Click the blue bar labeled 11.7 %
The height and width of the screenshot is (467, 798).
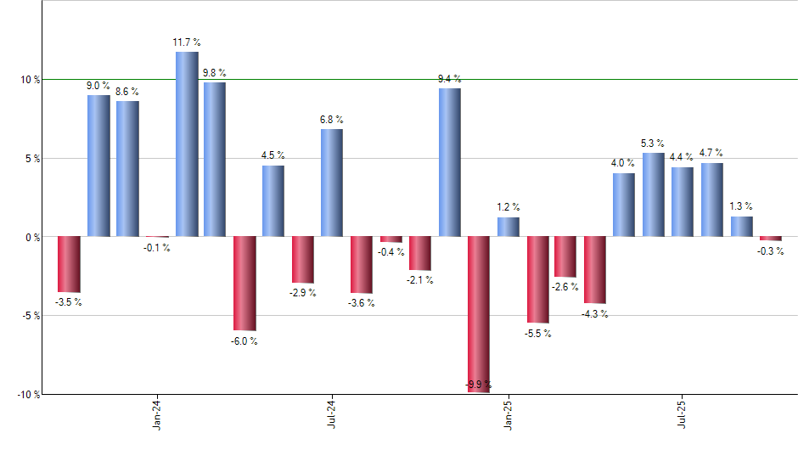click(x=187, y=144)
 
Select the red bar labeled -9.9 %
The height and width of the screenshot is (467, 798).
click(x=479, y=314)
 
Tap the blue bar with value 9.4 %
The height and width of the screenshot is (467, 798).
click(x=450, y=162)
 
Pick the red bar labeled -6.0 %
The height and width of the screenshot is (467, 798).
click(x=244, y=283)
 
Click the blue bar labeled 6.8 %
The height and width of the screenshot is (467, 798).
click(x=332, y=183)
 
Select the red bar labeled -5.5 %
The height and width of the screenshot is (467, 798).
click(x=537, y=279)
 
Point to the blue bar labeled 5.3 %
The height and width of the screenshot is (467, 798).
click(x=654, y=194)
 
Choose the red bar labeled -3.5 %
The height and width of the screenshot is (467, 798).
click(x=69, y=264)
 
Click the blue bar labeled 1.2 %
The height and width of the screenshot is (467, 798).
click(x=509, y=227)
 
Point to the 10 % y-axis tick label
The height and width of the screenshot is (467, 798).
click(x=31, y=80)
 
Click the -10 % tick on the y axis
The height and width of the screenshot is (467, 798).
click(x=29, y=394)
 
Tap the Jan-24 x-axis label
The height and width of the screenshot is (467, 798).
click(x=157, y=413)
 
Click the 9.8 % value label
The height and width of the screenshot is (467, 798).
click(x=215, y=72)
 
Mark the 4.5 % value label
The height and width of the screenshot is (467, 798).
click(x=273, y=155)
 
